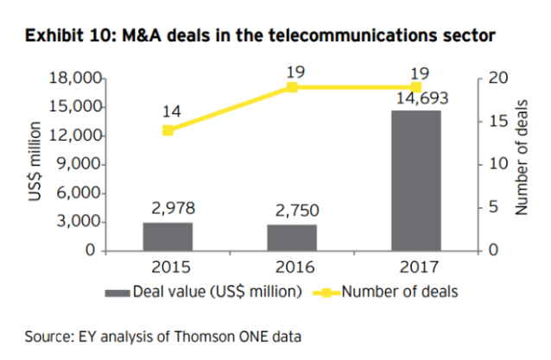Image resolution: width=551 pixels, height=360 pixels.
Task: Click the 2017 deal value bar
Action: (416, 180)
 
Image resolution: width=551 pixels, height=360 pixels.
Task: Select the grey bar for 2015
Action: (168, 237)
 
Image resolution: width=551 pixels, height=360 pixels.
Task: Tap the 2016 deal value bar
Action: (292, 237)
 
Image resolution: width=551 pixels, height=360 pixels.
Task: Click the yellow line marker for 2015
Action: (168, 130)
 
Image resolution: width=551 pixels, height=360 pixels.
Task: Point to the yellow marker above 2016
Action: (292, 87)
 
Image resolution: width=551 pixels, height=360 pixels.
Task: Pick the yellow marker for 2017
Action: (416, 87)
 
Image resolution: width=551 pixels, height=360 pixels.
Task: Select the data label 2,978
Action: (168, 207)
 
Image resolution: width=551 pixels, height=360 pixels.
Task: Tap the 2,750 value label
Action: (292, 210)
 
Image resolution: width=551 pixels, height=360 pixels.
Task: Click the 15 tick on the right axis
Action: (495, 122)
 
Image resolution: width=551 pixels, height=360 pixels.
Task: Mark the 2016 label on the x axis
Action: (292, 266)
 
